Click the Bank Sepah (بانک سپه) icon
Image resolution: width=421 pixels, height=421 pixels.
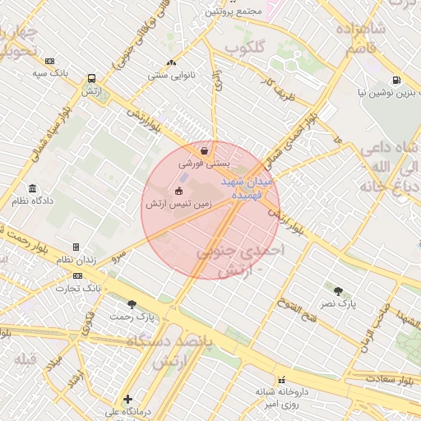click(x=50, y=61)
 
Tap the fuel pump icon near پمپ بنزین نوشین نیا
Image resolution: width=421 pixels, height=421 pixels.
click(x=397, y=80)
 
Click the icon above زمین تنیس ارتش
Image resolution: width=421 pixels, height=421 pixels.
click(x=179, y=191)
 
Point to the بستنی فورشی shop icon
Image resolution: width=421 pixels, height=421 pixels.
click(x=204, y=150)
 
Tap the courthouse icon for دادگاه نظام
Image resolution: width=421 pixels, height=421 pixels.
click(x=32, y=188)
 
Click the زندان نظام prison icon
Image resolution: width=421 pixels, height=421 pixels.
click(x=76, y=247)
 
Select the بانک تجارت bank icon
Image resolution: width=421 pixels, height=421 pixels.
click(x=77, y=275)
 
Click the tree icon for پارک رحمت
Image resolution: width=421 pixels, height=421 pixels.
click(x=132, y=304)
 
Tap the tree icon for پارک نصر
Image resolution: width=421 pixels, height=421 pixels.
click(x=338, y=291)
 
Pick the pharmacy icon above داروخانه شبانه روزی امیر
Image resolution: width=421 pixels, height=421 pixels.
click(x=282, y=380)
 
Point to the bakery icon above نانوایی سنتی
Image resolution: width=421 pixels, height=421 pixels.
click(x=171, y=62)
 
